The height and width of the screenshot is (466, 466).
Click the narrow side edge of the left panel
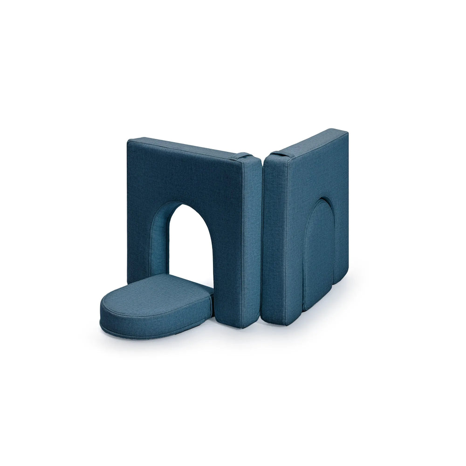tap(251, 242)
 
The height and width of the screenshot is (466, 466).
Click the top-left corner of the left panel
tap(129, 140)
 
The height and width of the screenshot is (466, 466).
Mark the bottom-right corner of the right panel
tap(347, 280)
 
